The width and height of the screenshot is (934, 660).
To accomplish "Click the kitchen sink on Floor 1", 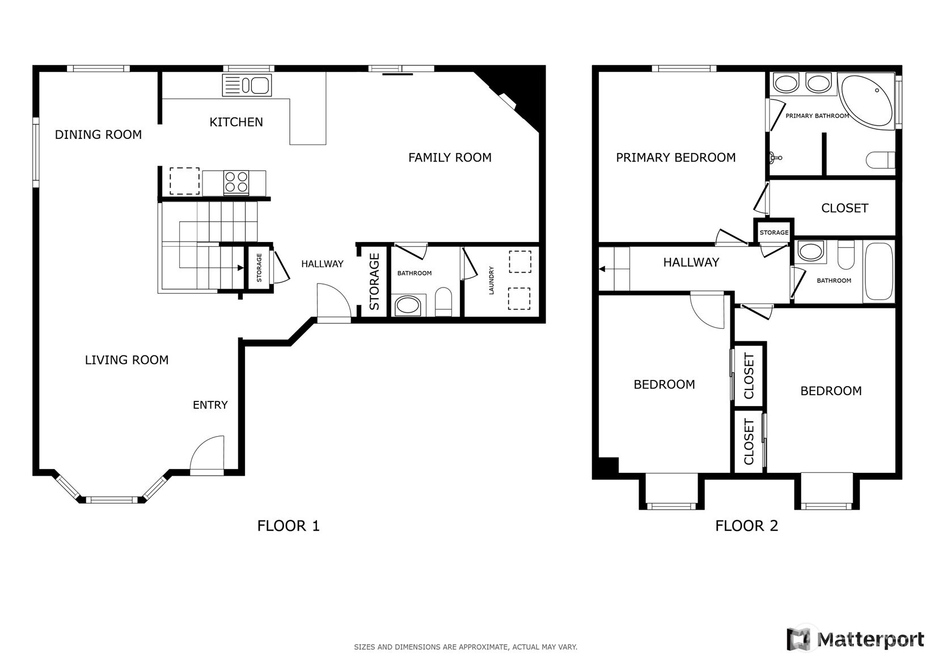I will pyautogui.click(x=247, y=86).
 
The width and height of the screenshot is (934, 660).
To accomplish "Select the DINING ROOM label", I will pyautogui.click(x=98, y=135).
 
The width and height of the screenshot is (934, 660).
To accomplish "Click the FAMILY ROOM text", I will pyautogui.click(x=450, y=158).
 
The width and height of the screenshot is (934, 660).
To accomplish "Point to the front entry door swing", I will pyautogui.click(x=208, y=454).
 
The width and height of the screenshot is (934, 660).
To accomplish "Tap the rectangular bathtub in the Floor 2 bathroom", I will pyautogui.click(x=878, y=272).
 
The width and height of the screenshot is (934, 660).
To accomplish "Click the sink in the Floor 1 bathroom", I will pyautogui.click(x=408, y=306).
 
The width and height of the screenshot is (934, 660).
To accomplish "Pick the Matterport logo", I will pyautogui.click(x=855, y=639).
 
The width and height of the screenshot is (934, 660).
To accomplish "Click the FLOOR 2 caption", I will pyautogui.click(x=746, y=526).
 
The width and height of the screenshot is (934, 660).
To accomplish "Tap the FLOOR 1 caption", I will pyautogui.click(x=288, y=526).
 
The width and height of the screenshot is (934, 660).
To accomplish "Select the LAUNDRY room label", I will pyautogui.click(x=492, y=280).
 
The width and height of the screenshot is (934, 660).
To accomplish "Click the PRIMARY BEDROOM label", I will pyautogui.click(x=675, y=158).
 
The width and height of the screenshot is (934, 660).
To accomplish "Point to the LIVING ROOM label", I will pyautogui.click(x=126, y=360).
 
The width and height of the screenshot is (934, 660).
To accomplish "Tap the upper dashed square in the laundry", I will pyautogui.click(x=519, y=262).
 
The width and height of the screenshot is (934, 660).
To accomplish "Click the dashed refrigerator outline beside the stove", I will pyautogui.click(x=184, y=181).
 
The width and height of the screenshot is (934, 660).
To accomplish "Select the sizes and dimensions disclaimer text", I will pyautogui.click(x=465, y=647).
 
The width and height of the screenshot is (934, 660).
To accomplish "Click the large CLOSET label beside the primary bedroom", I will pyautogui.click(x=844, y=208).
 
